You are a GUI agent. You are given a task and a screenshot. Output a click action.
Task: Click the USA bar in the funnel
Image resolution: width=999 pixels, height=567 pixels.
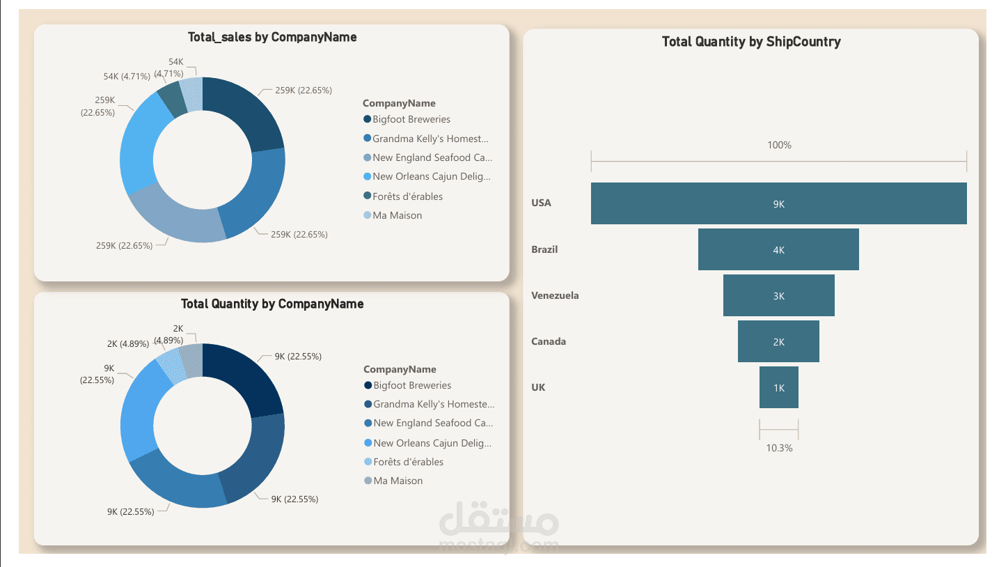[778, 203]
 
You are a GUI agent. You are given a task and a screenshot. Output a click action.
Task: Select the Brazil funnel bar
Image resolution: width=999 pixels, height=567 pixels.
[778, 249]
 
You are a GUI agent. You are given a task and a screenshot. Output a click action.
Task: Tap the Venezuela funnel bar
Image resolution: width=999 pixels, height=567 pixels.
[778, 295]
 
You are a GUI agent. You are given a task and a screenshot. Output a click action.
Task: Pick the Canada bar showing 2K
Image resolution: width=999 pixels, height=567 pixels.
[778, 341]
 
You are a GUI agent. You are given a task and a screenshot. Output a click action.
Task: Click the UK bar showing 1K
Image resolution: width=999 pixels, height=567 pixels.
[778, 387]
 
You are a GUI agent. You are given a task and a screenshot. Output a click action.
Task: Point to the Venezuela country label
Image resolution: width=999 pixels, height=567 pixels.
[555, 295]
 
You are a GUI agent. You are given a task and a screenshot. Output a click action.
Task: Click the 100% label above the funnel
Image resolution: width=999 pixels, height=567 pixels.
[779, 146]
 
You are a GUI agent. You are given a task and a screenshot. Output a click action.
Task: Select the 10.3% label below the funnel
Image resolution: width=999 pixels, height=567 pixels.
[779, 448]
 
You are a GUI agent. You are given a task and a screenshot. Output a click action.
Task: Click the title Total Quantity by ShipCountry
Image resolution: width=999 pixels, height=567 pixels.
[751, 42]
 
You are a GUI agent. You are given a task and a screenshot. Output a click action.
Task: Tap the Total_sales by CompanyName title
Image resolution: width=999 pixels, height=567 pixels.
[272, 38]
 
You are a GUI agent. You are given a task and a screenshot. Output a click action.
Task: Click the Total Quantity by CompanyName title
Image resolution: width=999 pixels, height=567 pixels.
[272, 304]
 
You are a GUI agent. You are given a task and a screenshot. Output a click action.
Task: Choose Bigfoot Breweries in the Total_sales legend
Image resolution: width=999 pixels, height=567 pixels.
[411, 120]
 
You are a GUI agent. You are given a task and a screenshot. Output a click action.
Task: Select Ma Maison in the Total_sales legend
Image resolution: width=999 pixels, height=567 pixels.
[397, 216]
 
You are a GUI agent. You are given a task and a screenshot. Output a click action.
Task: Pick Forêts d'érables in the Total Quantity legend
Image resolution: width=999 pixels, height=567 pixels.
[408, 463]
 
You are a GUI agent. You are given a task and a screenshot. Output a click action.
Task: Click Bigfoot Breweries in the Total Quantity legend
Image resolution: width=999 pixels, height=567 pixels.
[411, 386]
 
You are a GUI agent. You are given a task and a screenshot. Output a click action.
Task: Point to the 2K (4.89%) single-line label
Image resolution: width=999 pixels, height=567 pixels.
[127, 343]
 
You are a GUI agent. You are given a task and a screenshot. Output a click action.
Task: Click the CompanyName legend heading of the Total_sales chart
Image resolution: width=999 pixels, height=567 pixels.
[399, 104]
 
